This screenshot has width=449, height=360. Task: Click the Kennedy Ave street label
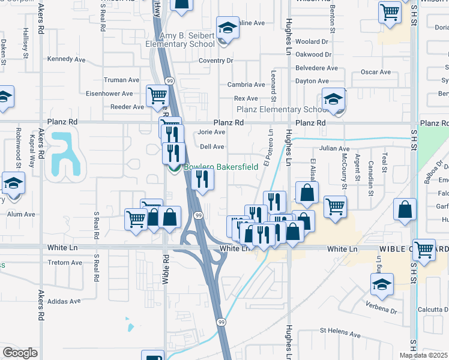tap(67, 59)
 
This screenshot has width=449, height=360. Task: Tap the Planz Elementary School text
tap(282, 109)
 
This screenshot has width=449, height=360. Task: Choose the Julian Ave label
tap(334, 148)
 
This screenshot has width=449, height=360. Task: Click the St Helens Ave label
tap(340, 331)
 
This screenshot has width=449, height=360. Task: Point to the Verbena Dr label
tap(381, 311)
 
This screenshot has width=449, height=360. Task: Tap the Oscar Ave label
tap(376, 72)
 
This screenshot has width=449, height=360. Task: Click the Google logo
tap(20, 353)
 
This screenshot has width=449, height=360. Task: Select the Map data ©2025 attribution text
tap(424, 355)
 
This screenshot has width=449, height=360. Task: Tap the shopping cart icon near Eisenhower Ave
tap(157, 95)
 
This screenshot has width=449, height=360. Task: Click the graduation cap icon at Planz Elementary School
tap(333, 100)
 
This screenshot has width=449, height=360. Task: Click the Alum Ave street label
tap(22, 214)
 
